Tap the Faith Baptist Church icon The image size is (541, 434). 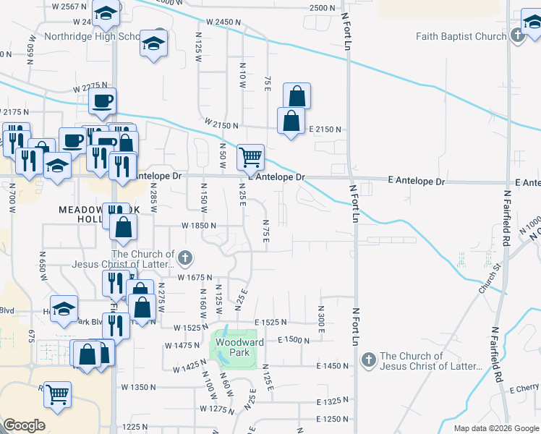[x=517, y=36]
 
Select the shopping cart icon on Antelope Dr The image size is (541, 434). [x=250, y=157]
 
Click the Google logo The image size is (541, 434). [x=23, y=425]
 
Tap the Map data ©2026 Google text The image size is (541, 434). [x=495, y=428]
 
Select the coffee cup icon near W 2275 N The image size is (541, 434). [x=101, y=101]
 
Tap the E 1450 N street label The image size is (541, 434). [x=333, y=366]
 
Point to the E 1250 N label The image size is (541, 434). [x=333, y=420]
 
